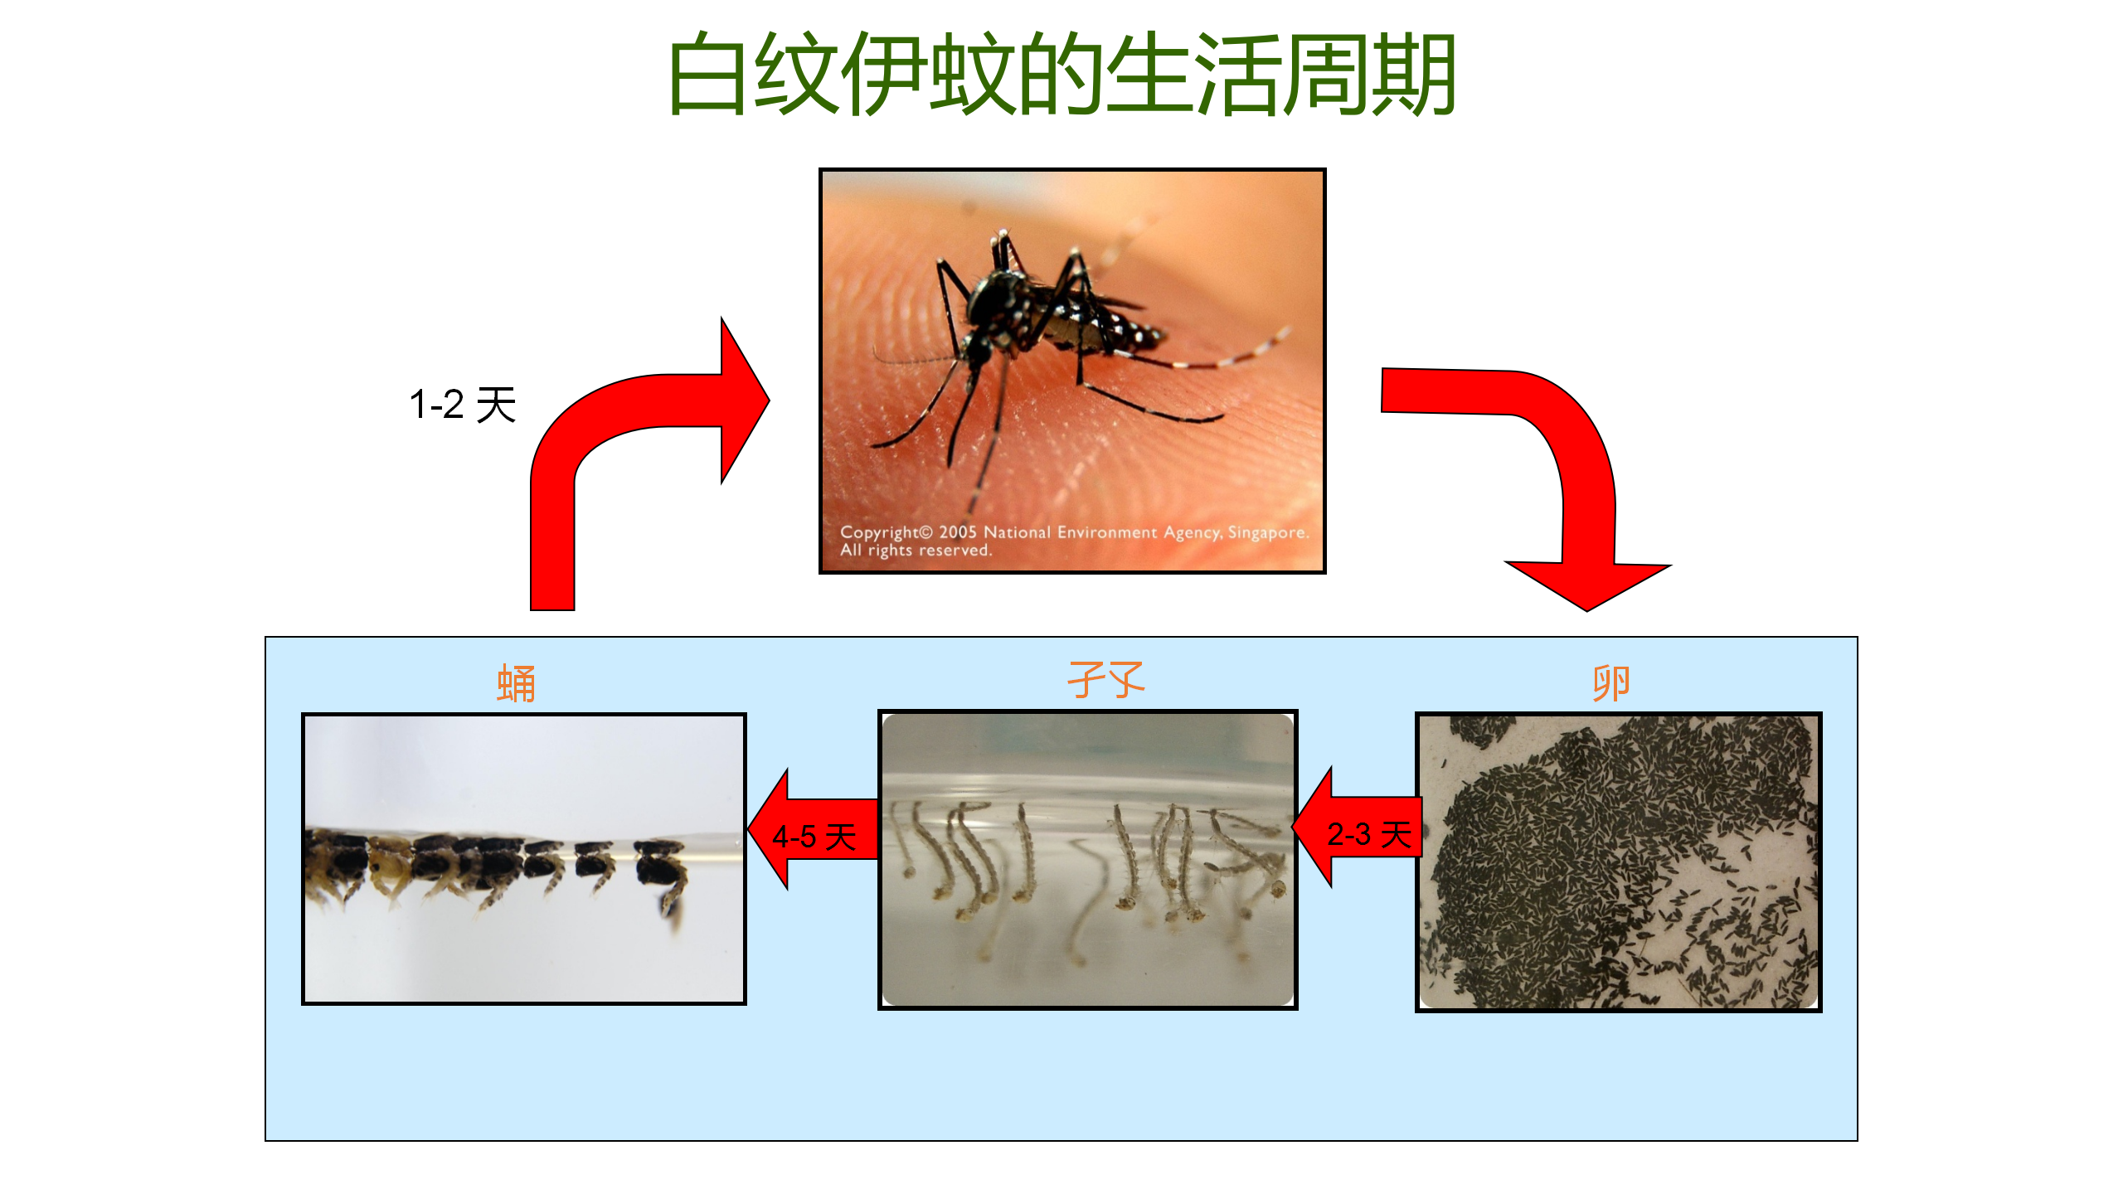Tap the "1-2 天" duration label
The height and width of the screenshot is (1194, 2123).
[463, 405]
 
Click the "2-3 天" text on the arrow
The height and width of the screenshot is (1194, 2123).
[1369, 834]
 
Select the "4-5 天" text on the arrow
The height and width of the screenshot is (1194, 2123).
[814, 837]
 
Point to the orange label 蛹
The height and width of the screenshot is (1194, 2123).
[516, 684]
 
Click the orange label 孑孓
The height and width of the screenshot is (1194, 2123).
[1105, 680]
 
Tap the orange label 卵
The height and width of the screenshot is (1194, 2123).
[1610, 682]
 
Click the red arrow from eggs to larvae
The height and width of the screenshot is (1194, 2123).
[1357, 828]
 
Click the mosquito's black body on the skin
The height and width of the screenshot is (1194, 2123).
[1053, 315]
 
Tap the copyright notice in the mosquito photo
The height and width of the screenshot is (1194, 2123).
[1074, 541]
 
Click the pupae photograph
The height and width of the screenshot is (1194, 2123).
[524, 859]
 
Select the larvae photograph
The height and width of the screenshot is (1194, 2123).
[1088, 860]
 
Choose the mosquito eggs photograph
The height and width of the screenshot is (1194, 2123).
[1619, 862]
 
